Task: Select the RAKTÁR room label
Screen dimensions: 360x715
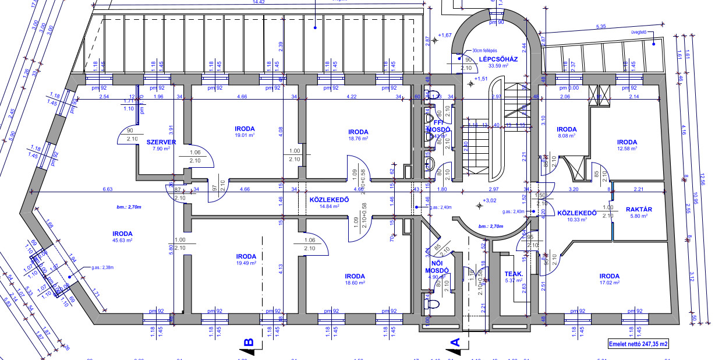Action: click(638, 209)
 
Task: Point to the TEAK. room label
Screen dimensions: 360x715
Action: click(514, 273)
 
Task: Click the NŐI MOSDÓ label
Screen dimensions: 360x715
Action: click(436, 267)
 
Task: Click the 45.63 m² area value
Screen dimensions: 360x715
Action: click(122, 240)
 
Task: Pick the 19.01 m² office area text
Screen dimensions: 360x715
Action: click(245, 135)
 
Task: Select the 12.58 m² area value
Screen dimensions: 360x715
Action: click(627, 149)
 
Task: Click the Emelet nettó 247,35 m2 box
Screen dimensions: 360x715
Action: click(638, 344)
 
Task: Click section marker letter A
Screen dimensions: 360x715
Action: click(455, 343)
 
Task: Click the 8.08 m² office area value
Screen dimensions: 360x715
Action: click(566, 136)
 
